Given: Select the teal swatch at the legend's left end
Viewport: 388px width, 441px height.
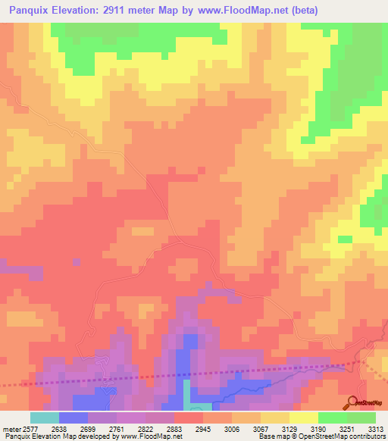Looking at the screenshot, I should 44,418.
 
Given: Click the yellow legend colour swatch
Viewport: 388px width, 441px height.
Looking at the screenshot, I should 303,418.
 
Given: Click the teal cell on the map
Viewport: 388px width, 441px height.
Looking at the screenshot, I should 186,393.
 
